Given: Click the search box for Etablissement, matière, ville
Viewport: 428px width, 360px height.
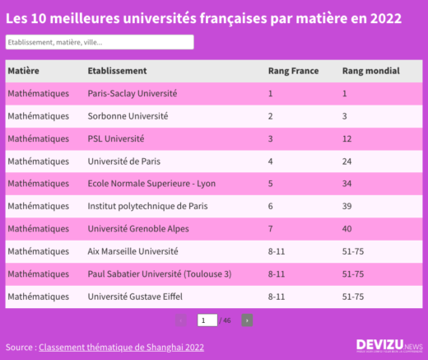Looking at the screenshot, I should click(99, 42).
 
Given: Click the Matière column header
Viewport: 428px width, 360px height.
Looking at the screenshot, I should click(24, 72).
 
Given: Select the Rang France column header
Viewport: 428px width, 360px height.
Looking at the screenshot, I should click(288, 72).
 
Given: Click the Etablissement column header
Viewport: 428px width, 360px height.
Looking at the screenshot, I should click(117, 72).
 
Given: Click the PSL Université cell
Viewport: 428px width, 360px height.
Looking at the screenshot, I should click(115, 138).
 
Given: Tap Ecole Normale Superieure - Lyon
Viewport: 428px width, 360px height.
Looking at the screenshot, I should click(151, 183).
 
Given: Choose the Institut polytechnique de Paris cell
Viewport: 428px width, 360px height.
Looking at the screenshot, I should click(143, 205).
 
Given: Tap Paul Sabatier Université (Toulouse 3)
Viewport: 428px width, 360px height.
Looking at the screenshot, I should click(159, 273).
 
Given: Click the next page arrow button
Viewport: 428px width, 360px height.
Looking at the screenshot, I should click(247, 320).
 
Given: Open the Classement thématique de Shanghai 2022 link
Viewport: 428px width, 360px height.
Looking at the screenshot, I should click(121, 348).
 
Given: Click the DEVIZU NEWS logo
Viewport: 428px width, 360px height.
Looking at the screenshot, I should click(388, 346).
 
